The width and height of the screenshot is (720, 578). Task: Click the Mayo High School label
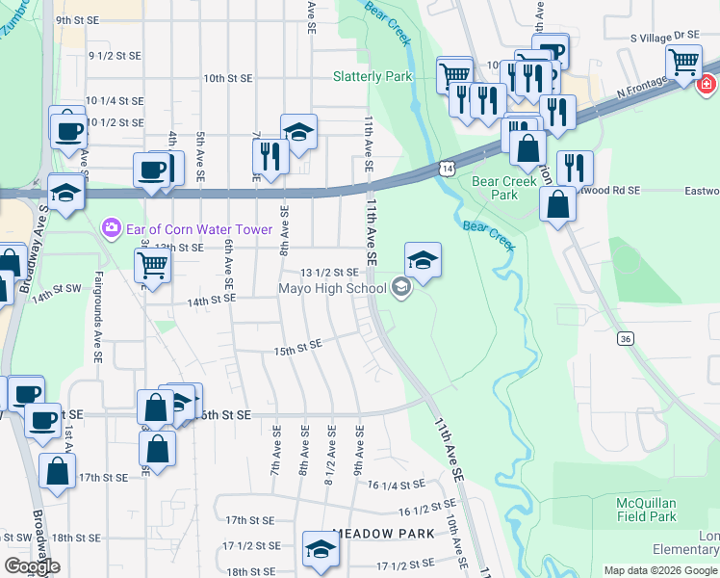(x=332, y=288)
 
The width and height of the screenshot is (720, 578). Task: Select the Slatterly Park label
(x=373, y=76)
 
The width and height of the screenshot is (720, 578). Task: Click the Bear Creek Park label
(x=495, y=187)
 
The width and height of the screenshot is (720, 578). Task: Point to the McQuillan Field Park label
(x=648, y=510)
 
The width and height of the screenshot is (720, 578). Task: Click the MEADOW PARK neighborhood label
(x=378, y=533)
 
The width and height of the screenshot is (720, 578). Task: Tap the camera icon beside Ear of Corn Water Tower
(x=112, y=226)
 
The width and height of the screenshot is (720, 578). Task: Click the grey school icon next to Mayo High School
(x=400, y=286)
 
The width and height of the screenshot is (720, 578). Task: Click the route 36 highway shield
(x=626, y=338)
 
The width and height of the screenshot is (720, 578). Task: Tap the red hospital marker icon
(x=706, y=82)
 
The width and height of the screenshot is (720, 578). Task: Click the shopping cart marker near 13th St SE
(x=153, y=264)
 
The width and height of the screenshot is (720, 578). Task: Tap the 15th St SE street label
(x=296, y=347)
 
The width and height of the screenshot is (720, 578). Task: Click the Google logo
(x=32, y=566)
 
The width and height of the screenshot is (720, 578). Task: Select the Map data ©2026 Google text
(x=660, y=570)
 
